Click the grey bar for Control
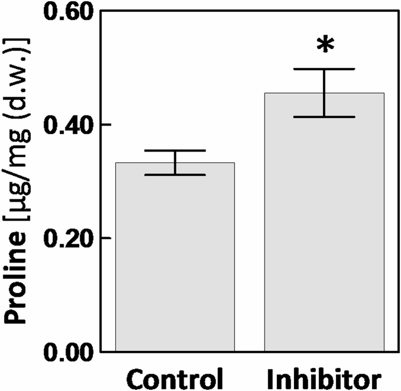pos(175,259)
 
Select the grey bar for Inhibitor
pos(324,224)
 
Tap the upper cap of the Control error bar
pos(175,150)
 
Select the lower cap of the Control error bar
pos(175,175)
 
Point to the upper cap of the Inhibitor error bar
pos(324,69)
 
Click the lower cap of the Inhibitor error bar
pos(324,117)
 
